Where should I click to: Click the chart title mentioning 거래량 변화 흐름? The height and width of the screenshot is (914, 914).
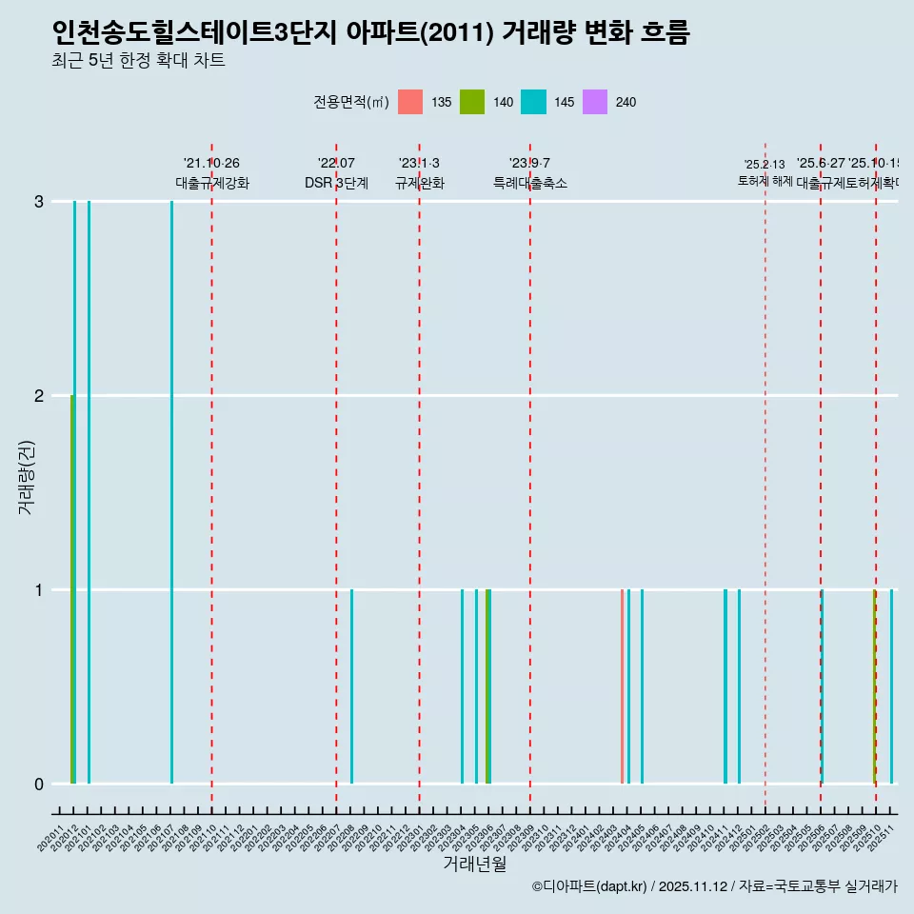[x=370, y=33]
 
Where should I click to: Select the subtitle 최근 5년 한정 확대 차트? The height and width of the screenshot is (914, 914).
[x=138, y=62]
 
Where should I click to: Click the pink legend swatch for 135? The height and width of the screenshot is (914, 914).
[x=409, y=102]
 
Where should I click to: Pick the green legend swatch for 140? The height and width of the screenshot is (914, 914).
[x=471, y=102]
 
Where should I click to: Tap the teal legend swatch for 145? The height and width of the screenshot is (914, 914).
[x=533, y=102]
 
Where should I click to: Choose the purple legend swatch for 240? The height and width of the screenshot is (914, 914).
[x=594, y=102]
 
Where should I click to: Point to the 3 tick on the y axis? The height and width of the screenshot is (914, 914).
[x=39, y=202]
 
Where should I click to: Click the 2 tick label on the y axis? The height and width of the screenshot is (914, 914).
[x=39, y=396]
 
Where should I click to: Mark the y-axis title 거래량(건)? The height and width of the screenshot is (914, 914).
[x=27, y=476]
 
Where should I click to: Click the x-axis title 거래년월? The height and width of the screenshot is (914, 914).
[x=474, y=864]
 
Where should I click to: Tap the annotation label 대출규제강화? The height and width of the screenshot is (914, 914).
[x=211, y=183]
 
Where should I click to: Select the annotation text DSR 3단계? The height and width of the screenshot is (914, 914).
[x=336, y=183]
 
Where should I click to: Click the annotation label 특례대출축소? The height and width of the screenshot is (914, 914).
[x=529, y=183]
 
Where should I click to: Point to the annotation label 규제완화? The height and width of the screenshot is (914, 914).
[x=419, y=183]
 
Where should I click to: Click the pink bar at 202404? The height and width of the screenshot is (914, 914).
[x=622, y=685]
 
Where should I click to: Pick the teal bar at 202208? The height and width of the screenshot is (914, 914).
[x=351, y=685]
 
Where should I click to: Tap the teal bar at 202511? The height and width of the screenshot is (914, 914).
[x=891, y=685]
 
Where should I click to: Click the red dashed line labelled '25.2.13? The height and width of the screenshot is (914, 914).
[x=765, y=476]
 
